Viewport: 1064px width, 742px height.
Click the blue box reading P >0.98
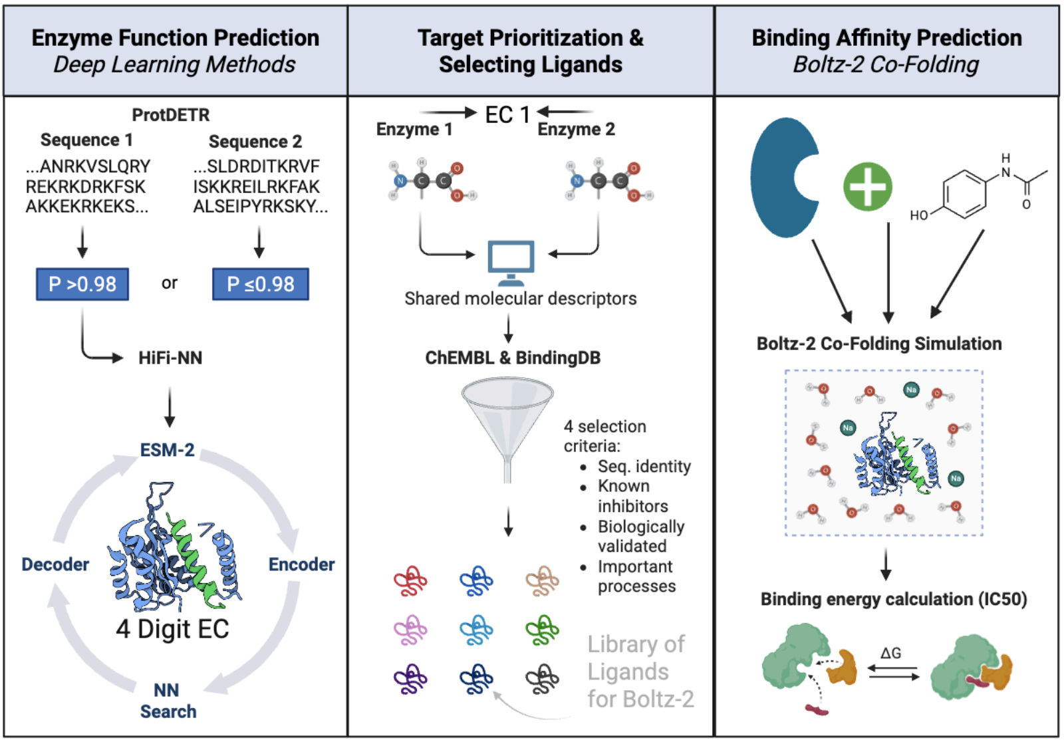pos(82,285)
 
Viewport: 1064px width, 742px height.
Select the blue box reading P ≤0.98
pos(260,285)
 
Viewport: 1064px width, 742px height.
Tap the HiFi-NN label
pos(170,358)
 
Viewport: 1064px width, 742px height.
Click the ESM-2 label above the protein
pos(167,450)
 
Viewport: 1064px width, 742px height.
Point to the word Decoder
pos(55,564)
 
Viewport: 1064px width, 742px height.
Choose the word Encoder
pos(301,564)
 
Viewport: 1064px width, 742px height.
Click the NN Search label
pos(168,701)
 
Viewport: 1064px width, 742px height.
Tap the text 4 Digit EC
pos(172,629)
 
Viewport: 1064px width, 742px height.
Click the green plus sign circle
pos(868,187)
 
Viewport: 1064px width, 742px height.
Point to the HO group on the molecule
pos(919,215)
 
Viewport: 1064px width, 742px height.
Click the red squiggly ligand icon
pos(410,581)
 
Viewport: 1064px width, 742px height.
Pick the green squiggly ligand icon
pos(542,630)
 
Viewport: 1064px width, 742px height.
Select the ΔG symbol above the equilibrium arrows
pos(890,654)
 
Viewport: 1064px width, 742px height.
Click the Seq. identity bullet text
pos(644,467)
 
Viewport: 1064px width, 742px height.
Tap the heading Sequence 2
pos(255,142)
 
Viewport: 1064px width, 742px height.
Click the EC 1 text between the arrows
pos(507,115)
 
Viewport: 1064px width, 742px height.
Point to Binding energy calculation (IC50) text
pos(893,599)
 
